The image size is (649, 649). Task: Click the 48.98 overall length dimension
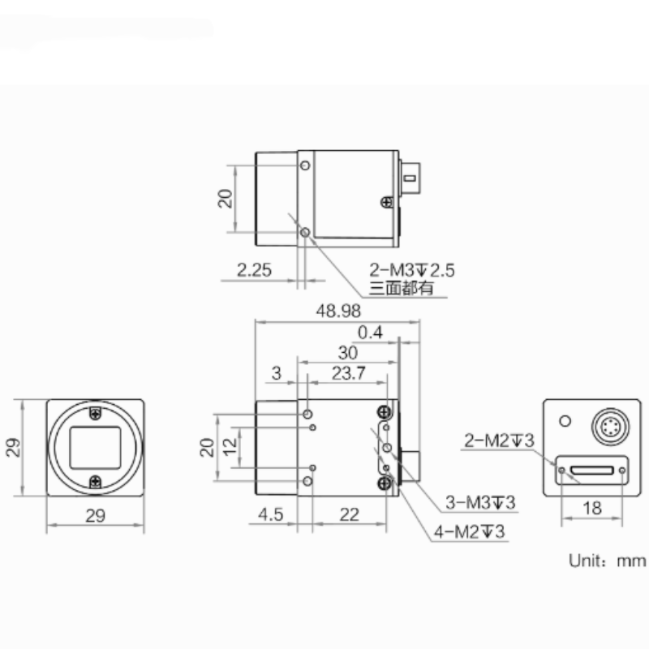click(x=340, y=311)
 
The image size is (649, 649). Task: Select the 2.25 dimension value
click(x=254, y=270)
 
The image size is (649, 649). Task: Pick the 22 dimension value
click(x=350, y=514)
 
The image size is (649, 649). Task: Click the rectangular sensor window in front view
click(x=95, y=447)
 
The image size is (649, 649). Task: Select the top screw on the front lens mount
click(x=96, y=413)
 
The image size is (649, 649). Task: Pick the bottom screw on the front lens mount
click(x=96, y=481)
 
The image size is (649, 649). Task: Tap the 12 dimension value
click(x=230, y=446)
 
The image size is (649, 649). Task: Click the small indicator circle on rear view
click(x=563, y=421)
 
